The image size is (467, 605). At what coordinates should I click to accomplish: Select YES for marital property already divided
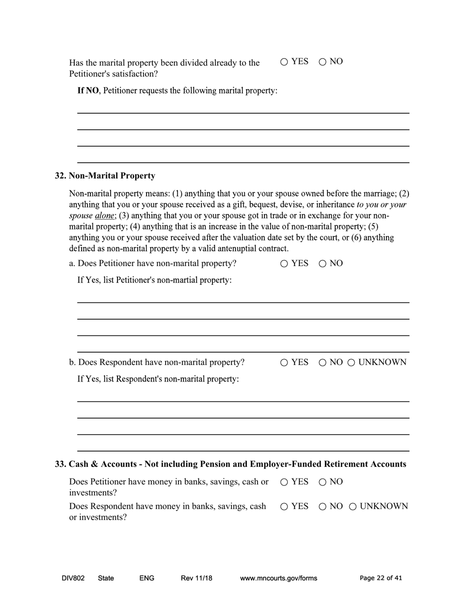tap(284, 62)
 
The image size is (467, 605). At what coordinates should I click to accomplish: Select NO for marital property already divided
tap(322, 62)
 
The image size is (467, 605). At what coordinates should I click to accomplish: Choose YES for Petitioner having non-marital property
tap(284, 264)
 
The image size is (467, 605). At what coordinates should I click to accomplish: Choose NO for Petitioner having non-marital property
tap(322, 264)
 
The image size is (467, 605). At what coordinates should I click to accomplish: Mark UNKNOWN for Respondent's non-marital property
tap(351, 363)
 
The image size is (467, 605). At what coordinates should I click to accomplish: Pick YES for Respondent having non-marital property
tap(284, 363)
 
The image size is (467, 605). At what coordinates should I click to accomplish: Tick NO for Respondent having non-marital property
tap(322, 363)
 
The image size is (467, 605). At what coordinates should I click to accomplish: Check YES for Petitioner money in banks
tap(284, 483)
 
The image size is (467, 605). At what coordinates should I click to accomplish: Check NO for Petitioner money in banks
tap(322, 483)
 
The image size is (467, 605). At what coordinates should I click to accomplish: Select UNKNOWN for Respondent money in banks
tap(352, 507)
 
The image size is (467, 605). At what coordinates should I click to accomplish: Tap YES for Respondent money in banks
tap(284, 507)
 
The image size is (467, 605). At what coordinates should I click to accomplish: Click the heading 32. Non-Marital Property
tap(105, 176)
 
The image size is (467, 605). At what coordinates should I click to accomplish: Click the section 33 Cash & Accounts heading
tap(231, 464)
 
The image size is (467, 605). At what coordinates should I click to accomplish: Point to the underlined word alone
tap(104, 216)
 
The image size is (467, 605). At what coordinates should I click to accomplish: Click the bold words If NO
tap(88, 91)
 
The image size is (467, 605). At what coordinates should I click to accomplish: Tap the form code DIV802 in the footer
tap(73, 578)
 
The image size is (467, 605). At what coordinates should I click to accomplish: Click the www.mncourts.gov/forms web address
tap(278, 578)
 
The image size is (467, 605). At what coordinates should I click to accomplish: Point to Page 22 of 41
tap(380, 578)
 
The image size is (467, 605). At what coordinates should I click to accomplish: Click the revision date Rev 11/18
tap(196, 578)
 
